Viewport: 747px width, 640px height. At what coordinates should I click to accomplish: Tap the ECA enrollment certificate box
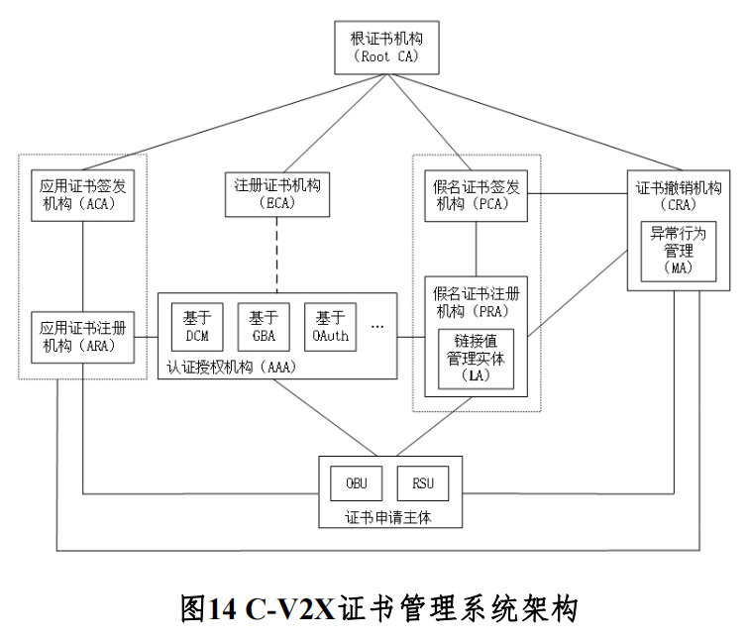tap(278, 194)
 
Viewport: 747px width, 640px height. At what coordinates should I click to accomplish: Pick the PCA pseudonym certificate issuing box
tap(477, 194)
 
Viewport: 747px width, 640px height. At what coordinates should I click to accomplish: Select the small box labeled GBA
tap(263, 327)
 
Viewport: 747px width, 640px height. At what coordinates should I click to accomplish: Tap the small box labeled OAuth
tap(329, 327)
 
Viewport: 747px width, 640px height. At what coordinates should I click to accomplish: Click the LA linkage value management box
tap(477, 358)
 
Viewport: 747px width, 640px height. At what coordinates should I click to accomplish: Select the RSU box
tap(423, 484)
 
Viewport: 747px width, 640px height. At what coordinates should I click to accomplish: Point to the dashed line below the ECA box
tap(278, 254)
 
